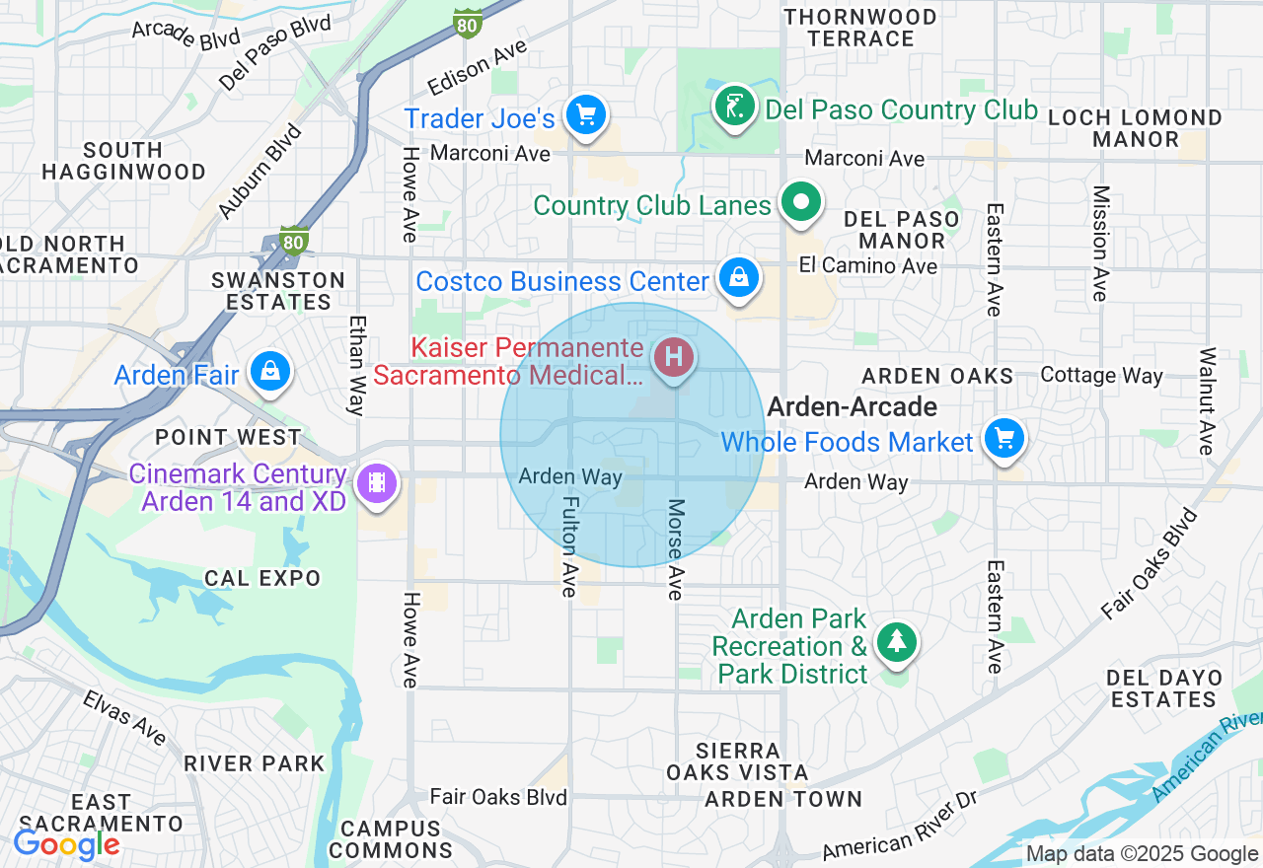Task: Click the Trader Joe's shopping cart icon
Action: point(586,115)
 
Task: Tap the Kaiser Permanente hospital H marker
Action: point(674,356)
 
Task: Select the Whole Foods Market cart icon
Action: point(1003,438)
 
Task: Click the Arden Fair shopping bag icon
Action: point(268,371)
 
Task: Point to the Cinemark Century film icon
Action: point(376,483)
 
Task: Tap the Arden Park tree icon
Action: point(896,642)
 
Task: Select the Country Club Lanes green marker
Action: point(801,202)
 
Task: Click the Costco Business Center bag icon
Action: point(738,278)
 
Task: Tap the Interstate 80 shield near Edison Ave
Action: point(468,24)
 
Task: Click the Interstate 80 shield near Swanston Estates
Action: point(293,240)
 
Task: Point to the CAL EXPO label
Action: point(262,578)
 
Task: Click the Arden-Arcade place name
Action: point(852,406)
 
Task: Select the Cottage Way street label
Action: point(1101,376)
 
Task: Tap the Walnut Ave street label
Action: point(1206,401)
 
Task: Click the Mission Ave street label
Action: point(1100,244)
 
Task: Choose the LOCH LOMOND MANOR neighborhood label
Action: point(1135,128)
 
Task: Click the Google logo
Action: point(66,845)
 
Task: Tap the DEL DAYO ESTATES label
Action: point(1163,688)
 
